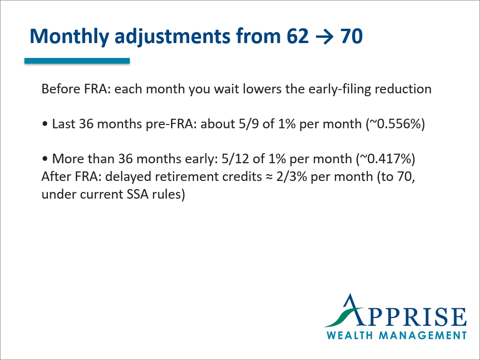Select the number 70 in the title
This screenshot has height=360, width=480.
(351, 36)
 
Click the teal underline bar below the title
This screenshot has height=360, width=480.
(77, 61)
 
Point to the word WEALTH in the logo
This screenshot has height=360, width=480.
(350, 335)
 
